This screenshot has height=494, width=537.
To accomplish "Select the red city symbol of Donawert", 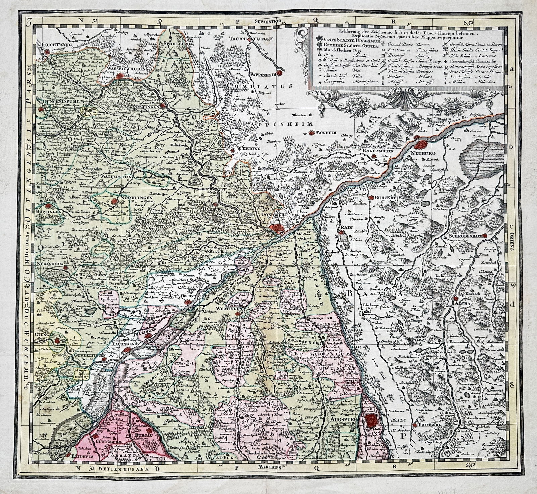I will pos(278,229).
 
